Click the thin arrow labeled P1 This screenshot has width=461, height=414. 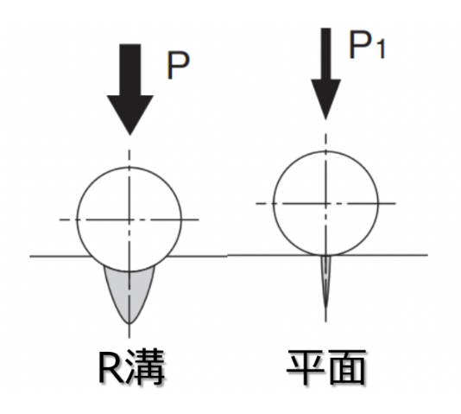pyautogui.click(x=325, y=73)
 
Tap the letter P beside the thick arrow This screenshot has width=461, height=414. pyautogui.click(x=178, y=66)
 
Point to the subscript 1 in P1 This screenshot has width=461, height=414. pyautogui.click(x=381, y=50)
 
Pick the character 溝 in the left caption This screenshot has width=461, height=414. pyautogui.click(x=145, y=367)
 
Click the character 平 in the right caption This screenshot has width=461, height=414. pyautogui.click(x=306, y=367)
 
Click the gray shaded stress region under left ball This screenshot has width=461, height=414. pyautogui.click(x=129, y=291)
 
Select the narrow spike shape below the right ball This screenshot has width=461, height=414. pyautogui.click(x=325, y=279)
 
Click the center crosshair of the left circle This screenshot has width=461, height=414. pyautogui.click(x=129, y=220)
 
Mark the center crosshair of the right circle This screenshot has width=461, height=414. pyautogui.click(x=325, y=203)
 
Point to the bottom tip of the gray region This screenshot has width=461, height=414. pyautogui.click(x=129, y=323)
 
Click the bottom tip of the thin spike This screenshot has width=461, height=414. pyautogui.click(x=325, y=308)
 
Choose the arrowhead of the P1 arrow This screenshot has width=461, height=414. pyautogui.click(x=325, y=99)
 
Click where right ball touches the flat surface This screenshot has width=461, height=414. pyautogui.click(x=325, y=255)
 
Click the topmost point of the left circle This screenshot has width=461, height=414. pyautogui.click(x=129, y=167)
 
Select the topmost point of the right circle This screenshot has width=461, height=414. pyautogui.click(x=325, y=151)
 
